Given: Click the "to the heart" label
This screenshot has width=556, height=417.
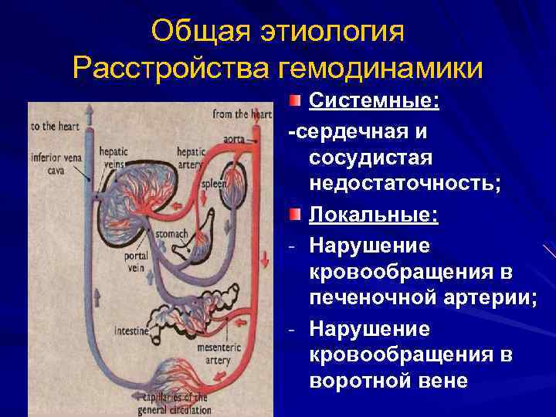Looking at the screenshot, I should [55, 126].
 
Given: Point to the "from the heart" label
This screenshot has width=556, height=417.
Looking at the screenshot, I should [241, 114].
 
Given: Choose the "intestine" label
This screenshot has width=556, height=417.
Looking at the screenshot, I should [131, 332].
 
